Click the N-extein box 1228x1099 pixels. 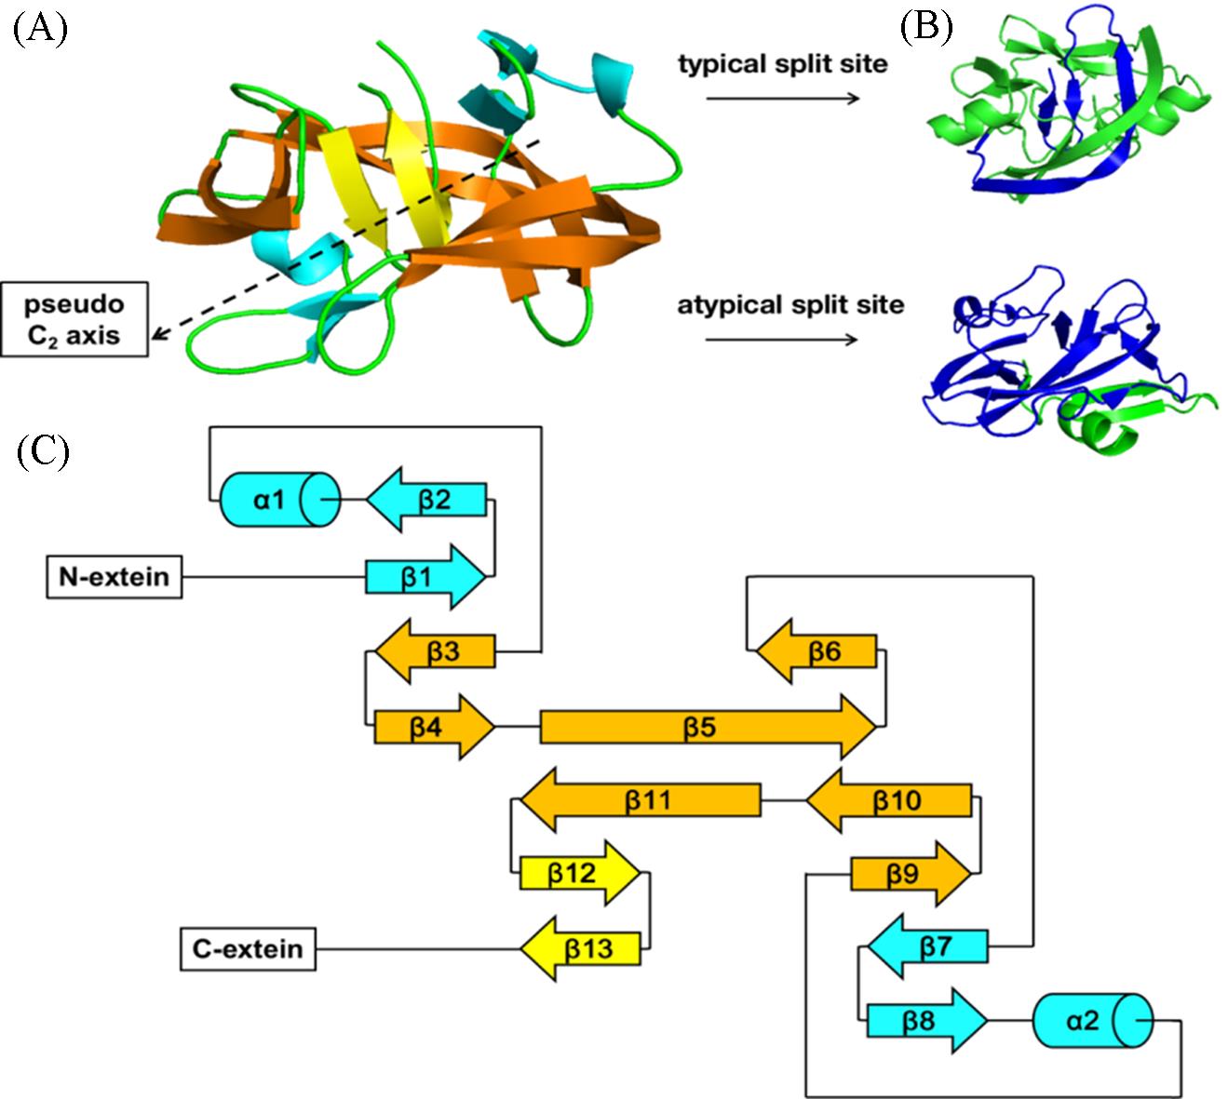(115, 577)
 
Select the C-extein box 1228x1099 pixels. (248, 949)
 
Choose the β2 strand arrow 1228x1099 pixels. (427, 501)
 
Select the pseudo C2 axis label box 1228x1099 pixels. (74, 319)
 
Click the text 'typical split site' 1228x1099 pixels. (783, 64)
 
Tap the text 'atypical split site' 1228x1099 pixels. (790, 304)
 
